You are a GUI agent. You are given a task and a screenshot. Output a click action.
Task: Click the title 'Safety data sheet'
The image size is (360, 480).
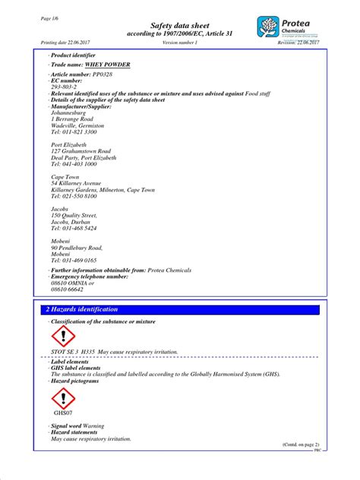(x=180, y=25)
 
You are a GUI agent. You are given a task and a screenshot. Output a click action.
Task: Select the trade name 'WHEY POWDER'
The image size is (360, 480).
(x=107, y=65)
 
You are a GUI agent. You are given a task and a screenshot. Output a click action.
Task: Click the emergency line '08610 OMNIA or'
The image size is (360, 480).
(x=72, y=283)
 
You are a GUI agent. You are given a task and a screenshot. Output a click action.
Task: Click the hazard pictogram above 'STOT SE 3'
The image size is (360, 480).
(x=63, y=336)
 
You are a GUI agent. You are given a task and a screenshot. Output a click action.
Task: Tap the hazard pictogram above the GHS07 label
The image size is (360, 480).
(x=63, y=399)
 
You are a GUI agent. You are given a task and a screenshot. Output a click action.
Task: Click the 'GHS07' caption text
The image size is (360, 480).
(x=62, y=414)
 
